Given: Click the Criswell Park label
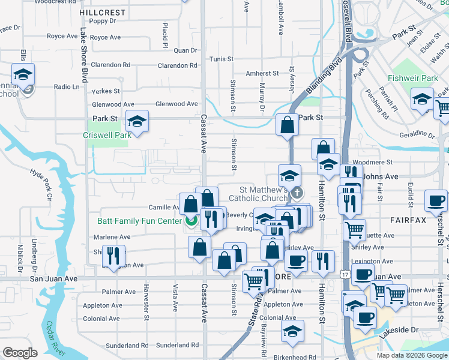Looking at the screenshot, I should [x=107, y=136].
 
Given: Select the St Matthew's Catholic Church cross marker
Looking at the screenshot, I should [x=296, y=193].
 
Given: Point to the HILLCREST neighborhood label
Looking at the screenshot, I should [x=103, y=12].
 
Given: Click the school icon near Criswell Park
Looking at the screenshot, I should [x=137, y=122].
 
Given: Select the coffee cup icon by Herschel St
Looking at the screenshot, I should [x=436, y=200].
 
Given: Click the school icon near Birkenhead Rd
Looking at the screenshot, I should [x=292, y=331].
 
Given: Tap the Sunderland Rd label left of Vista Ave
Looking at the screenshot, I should [x=127, y=346].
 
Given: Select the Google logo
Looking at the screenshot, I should [x=20, y=353].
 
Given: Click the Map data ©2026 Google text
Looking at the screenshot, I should [x=411, y=355].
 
